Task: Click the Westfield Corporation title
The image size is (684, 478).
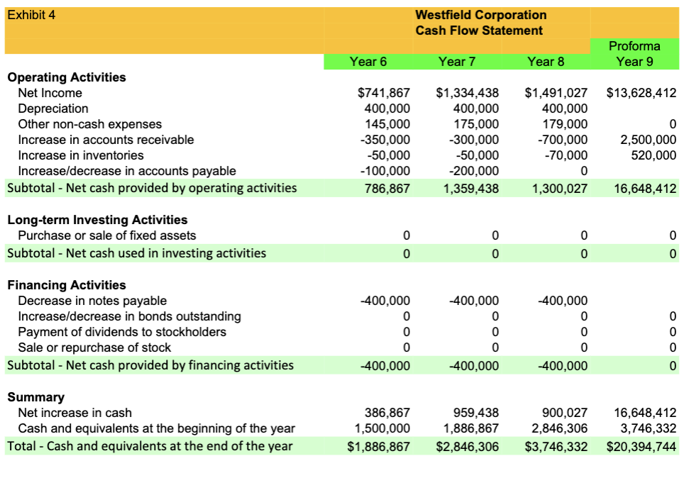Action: (480, 15)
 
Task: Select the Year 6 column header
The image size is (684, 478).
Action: (368, 62)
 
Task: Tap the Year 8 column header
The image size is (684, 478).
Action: (546, 62)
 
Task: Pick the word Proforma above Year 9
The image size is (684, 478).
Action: (634, 46)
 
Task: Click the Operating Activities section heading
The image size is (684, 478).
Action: (67, 77)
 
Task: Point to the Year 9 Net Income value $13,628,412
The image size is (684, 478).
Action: (641, 93)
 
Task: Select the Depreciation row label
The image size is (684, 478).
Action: (53, 109)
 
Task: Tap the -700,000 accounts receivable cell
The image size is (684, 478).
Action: (563, 140)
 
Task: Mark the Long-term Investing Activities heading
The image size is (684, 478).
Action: (97, 220)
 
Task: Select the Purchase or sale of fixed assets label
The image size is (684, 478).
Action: (107, 235)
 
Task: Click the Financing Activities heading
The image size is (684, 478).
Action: (67, 285)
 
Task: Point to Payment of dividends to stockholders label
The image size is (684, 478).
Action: (122, 332)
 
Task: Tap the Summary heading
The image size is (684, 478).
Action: (35, 397)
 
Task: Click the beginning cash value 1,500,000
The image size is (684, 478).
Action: (382, 428)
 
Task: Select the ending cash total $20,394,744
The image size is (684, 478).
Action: (641, 447)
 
